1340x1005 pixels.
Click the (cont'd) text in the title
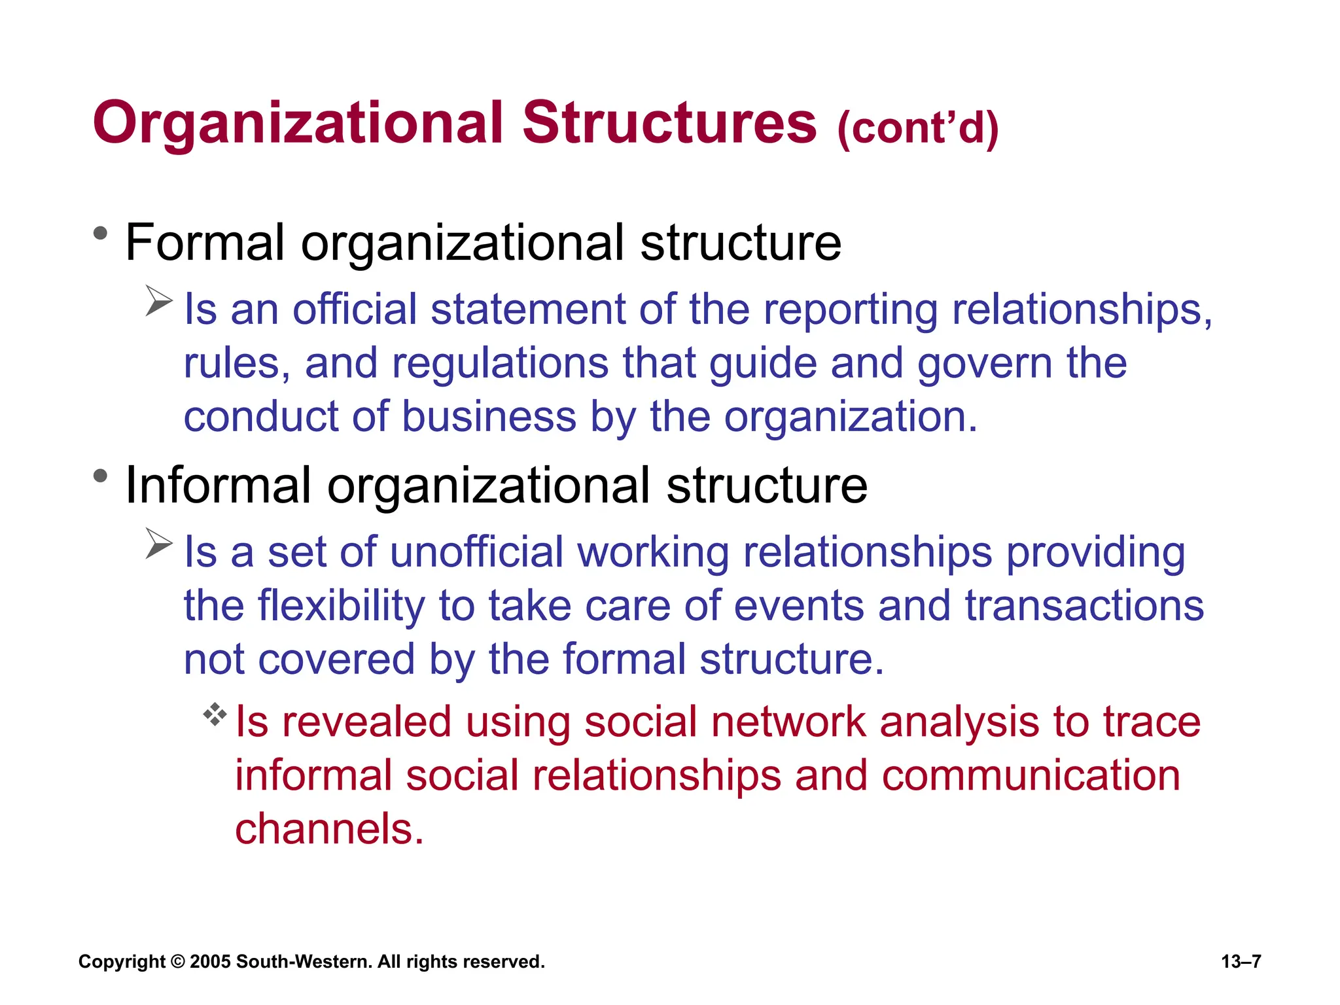pyautogui.click(x=918, y=128)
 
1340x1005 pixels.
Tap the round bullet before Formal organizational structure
pyautogui.click(x=100, y=233)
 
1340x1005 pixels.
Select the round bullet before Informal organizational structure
pyautogui.click(x=100, y=476)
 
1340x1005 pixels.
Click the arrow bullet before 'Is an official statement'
pyautogui.click(x=158, y=301)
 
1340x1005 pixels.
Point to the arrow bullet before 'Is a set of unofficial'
pyautogui.click(x=158, y=544)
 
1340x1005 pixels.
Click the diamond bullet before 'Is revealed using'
pyautogui.click(x=215, y=714)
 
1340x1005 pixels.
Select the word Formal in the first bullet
pyautogui.click(x=205, y=243)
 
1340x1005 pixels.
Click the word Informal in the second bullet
pyautogui.click(x=218, y=485)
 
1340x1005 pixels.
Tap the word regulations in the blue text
pyautogui.click(x=500, y=364)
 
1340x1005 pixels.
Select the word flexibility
pyautogui.click(x=341, y=606)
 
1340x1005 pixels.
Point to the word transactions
pyautogui.click(x=1084, y=606)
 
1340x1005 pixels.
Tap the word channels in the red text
pyautogui.click(x=329, y=830)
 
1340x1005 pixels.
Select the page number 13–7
pyautogui.click(x=1241, y=962)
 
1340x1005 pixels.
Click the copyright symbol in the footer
pyautogui.click(x=177, y=962)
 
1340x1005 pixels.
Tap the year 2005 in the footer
pyautogui.click(x=210, y=962)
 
